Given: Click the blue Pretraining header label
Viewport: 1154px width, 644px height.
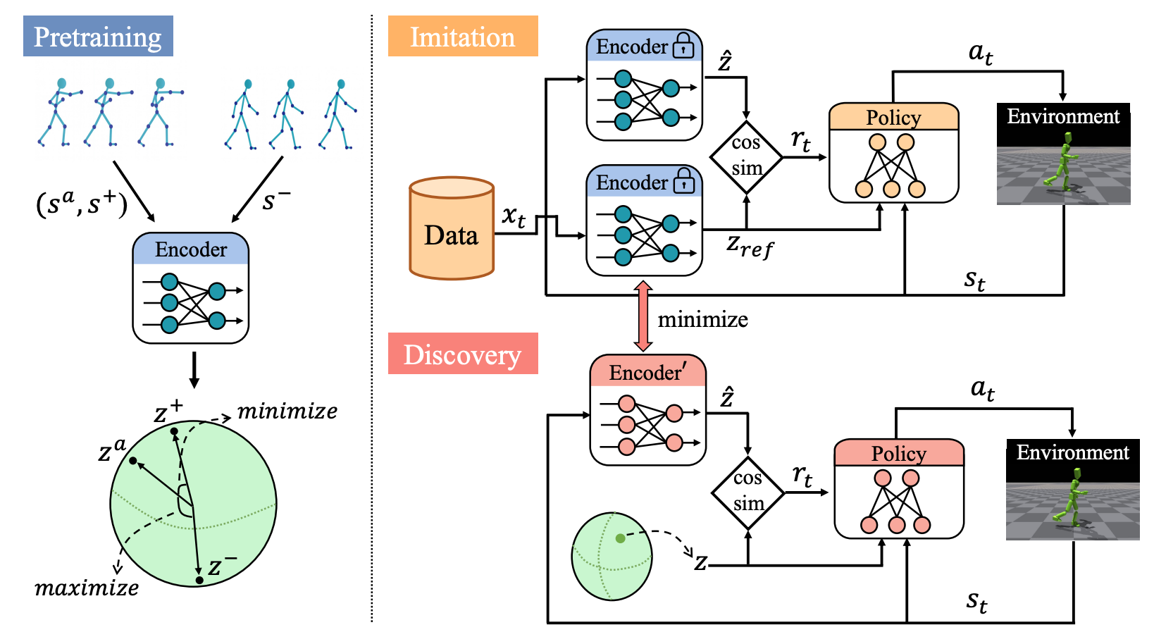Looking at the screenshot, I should [x=98, y=37].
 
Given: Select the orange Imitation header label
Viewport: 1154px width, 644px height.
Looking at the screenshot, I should [x=463, y=37].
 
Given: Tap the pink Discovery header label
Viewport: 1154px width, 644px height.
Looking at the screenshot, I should [x=463, y=354].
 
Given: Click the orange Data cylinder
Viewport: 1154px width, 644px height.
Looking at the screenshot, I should [x=452, y=229].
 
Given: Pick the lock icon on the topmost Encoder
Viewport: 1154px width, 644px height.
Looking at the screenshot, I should [x=683, y=47].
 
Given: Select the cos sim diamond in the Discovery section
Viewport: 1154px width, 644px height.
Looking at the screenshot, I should [x=747, y=492].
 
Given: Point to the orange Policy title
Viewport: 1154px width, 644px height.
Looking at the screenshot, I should [x=893, y=117].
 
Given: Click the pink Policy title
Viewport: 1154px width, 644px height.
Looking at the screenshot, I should [x=898, y=453].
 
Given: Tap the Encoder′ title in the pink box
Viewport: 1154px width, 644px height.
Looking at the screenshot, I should [x=647, y=372].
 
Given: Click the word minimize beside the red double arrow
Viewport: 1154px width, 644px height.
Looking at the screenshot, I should [x=702, y=320].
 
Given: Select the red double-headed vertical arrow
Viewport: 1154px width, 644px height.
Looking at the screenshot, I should [x=643, y=316].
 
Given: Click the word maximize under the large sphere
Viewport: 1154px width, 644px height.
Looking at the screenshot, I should [x=87, y=588].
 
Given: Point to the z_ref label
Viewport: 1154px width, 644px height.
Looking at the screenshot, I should [x=750, y=247].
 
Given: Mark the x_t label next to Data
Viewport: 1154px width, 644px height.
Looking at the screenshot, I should [x=514, y=216].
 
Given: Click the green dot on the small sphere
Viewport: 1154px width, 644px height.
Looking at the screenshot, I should [x=620, y=538].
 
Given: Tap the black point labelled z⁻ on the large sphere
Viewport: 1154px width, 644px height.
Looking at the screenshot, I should [x=199, y=580].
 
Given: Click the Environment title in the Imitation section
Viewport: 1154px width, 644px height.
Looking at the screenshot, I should [x=1063, y=116].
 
